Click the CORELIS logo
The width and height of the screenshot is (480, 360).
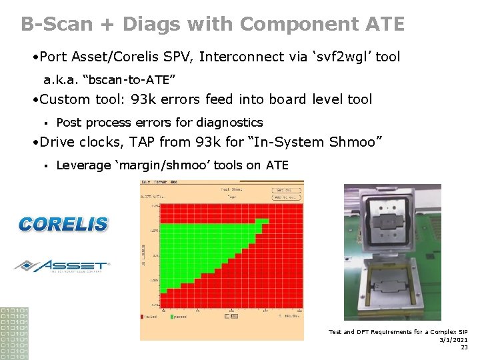pos(63,224)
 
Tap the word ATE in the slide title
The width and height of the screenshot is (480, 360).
pos(385,25)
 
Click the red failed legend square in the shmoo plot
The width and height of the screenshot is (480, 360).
pos(142,317)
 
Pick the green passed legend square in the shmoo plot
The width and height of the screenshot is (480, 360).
pos(173,317)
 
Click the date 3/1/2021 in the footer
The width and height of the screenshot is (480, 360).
pos(453,339)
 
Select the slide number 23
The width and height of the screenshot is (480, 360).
pos(464,347)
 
